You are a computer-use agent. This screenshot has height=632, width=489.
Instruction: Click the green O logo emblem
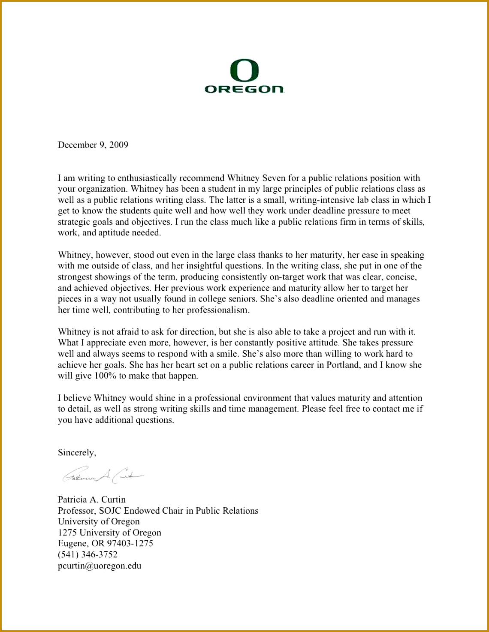244,71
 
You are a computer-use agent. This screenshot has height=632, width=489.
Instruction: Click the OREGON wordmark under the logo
244,89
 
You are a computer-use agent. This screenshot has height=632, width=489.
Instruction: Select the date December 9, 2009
93,145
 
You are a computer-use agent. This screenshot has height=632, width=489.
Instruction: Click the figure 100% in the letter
106,376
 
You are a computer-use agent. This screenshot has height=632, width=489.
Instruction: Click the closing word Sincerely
77,453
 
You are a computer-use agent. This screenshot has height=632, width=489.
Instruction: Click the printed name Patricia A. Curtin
92,500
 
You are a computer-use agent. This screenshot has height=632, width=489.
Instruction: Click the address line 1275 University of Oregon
109,533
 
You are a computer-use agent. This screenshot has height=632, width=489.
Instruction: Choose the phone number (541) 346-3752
88,554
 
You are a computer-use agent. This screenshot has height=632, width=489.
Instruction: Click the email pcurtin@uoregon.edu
100,566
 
